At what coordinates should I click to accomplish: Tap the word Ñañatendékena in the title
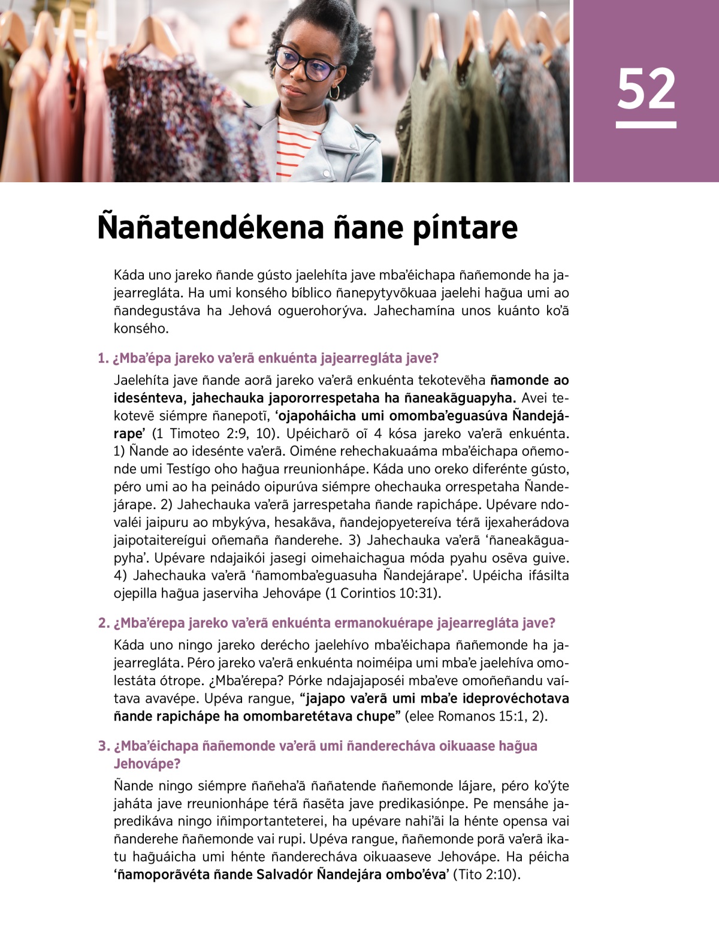[x=209, y=228]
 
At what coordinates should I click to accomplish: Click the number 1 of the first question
[x=102, y=358]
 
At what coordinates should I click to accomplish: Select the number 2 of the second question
[x=102, y=623]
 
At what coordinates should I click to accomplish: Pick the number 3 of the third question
[x=103, y=746]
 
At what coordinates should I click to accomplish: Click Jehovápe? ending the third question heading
[x=147, y=764]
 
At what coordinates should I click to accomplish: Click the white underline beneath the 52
[x=646, y=125]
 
